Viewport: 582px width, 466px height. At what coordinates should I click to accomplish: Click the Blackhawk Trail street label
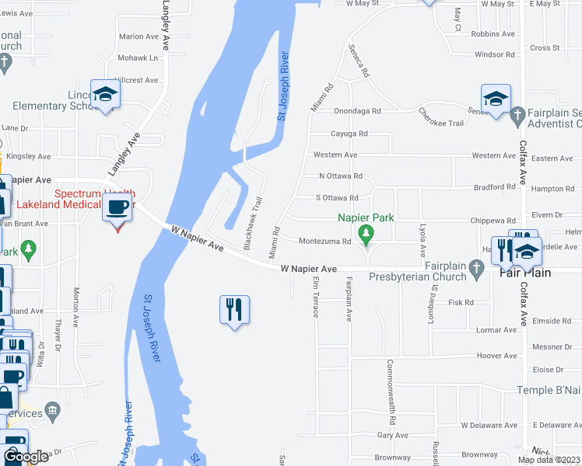(253, 222)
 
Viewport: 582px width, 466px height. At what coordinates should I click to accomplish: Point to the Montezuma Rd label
(328, 241)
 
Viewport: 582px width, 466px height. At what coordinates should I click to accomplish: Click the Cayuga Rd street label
(349, 134)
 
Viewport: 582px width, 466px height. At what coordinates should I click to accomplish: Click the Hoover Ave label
(497, 356)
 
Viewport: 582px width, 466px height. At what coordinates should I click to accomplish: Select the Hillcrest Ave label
(136, 80)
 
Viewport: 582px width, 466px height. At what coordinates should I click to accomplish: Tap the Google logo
(26, 457)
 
